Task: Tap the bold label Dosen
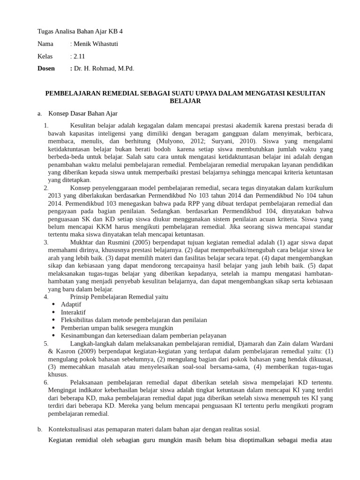[x=46, y=68]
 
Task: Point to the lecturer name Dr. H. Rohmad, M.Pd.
[x=104, y=68]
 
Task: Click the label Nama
[x=45, y=44]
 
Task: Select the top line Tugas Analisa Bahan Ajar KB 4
[x=80, y=32]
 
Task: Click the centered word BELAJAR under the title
[x=185, y=101]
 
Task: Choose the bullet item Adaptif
[x=71, y=304]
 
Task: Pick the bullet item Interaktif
[x=73, y=312]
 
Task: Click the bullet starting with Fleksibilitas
[x=134, y=320]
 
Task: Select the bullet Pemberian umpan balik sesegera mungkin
[x=117, y=328]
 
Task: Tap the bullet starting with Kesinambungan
[x=143, y=336]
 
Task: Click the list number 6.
[x=46, y=382]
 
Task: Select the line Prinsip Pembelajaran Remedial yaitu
[x=119, y=297]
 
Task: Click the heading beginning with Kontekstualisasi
[x=154, y=429]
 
